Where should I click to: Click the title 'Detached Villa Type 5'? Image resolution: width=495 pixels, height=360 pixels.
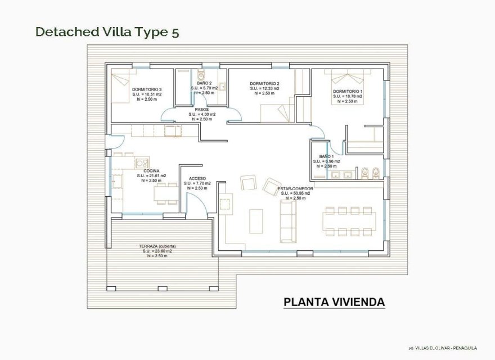[107, 31]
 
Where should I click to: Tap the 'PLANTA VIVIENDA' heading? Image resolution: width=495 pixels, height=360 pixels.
[334, 302]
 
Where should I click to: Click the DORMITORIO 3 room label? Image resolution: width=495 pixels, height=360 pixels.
[147, 89]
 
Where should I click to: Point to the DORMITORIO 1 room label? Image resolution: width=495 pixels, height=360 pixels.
[348, 91]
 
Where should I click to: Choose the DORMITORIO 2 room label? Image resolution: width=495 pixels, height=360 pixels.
[264, 84]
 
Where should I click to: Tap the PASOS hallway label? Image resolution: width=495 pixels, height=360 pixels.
[202, 110]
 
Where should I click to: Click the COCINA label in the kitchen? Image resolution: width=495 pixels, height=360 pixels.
[151, 170]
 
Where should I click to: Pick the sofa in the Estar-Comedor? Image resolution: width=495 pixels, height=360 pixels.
[287, 220]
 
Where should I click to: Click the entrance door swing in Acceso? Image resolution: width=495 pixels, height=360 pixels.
[197, 209]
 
